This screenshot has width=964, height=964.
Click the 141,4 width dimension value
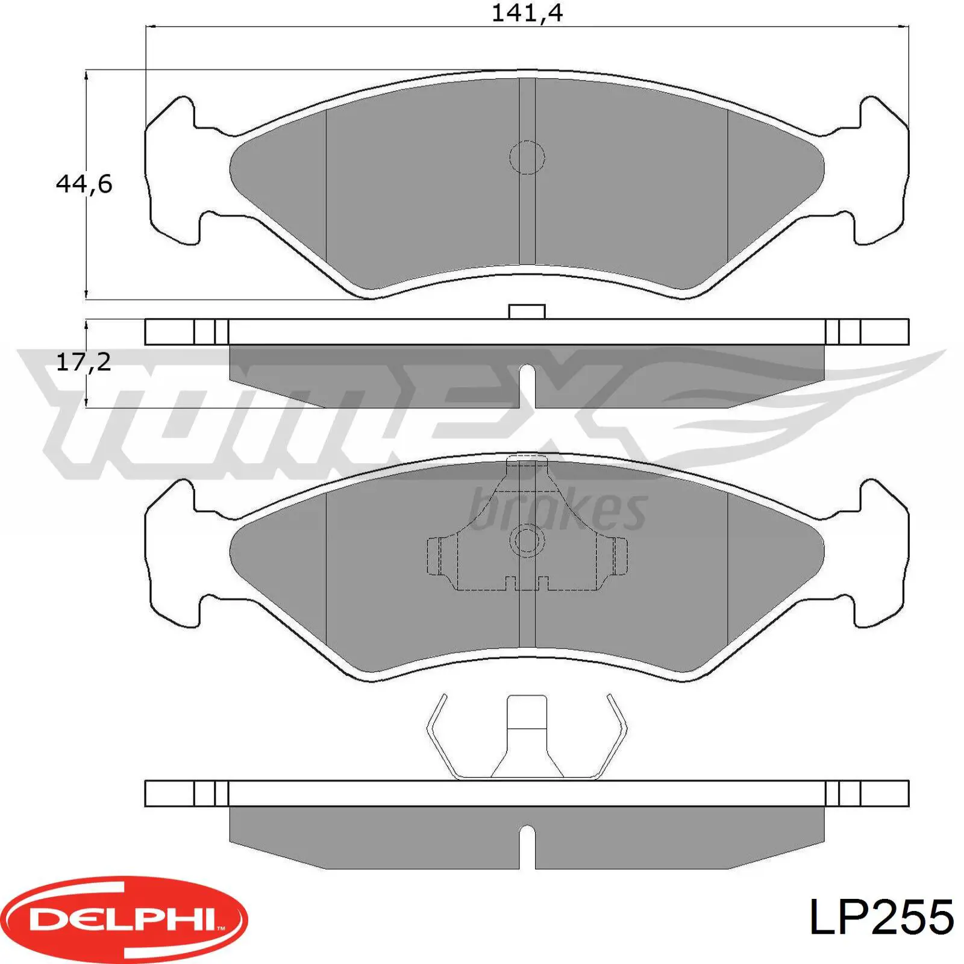pos(527,13)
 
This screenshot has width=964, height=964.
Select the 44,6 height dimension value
pos(84,184)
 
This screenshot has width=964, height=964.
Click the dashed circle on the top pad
pos(527,158)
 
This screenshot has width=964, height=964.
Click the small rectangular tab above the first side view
pos(527,311)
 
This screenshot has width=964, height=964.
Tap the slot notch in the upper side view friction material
pos(527,386)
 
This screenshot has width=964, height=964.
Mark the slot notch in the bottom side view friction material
pos(527,847)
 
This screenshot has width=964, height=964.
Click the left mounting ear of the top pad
pos(172,172)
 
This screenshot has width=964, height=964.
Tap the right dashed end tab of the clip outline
pos(619,555)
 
